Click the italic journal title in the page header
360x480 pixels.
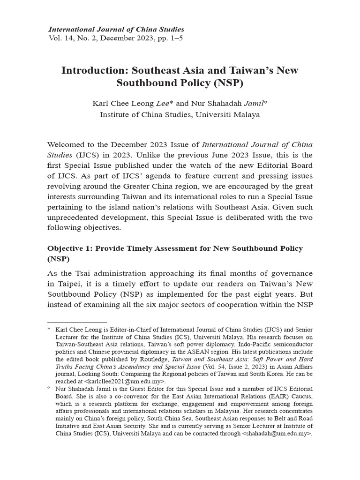pyautogui.click(x=116, y=30)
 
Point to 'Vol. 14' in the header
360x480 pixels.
pyautogui.click(x=61, y=38)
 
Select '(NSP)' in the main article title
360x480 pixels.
pyautogui.click(x=226, y=83)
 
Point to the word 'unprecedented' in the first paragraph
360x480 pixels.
pyautogui.click(x=75, y=217)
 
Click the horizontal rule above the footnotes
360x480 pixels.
pyautogui.click(x=77, y=323)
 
